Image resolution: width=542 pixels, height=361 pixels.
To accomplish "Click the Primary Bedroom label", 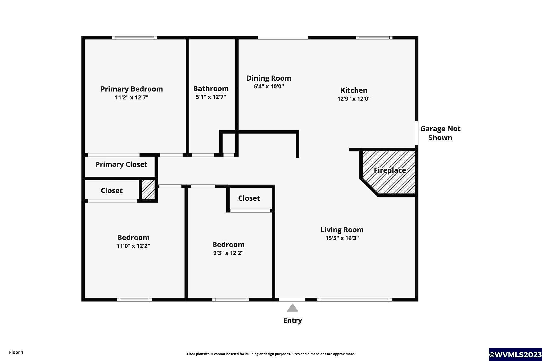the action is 132,89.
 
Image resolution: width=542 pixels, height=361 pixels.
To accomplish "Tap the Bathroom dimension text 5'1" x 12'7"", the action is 211,97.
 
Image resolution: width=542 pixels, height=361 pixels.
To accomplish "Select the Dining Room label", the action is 269,78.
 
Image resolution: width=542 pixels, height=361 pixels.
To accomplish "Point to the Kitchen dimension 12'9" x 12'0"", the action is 354,99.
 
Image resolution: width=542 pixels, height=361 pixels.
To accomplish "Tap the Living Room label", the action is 342,230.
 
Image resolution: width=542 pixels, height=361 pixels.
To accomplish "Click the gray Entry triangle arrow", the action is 292,308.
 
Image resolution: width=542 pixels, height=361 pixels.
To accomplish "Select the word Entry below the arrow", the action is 292,321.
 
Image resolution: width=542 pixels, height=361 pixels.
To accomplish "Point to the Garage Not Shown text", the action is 440,133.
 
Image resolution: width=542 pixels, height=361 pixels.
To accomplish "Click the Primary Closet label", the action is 121,164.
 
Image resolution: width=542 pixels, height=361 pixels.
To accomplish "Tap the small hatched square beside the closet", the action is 148,190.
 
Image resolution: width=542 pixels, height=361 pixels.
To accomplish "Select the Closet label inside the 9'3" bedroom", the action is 249,198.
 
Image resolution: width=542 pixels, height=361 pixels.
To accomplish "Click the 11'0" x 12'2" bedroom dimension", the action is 133,246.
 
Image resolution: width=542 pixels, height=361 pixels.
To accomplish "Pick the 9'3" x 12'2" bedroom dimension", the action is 228,253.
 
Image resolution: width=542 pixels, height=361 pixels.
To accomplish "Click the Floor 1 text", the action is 16,352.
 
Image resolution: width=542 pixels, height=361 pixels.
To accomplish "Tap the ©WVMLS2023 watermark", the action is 515,355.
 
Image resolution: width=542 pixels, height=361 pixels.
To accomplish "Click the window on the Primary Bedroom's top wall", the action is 134,38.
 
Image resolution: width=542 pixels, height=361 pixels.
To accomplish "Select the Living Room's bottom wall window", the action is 354,300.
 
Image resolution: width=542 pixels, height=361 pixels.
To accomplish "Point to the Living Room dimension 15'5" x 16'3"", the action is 342,238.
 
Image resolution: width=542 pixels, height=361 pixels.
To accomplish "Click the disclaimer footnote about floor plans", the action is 271,354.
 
